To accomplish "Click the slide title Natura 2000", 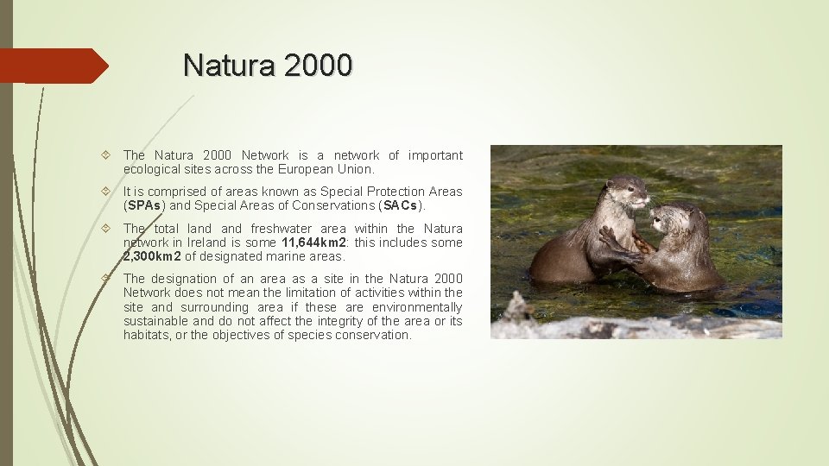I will (x=268, y=65).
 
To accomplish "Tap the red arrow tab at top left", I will (x=52, y=66).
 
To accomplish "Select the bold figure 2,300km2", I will (x=152, y=256).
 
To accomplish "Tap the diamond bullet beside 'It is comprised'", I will (x=105, y=192).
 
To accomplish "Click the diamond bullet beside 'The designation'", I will (x=105, y=279).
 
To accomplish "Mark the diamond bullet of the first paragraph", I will (x=105, y=155).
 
